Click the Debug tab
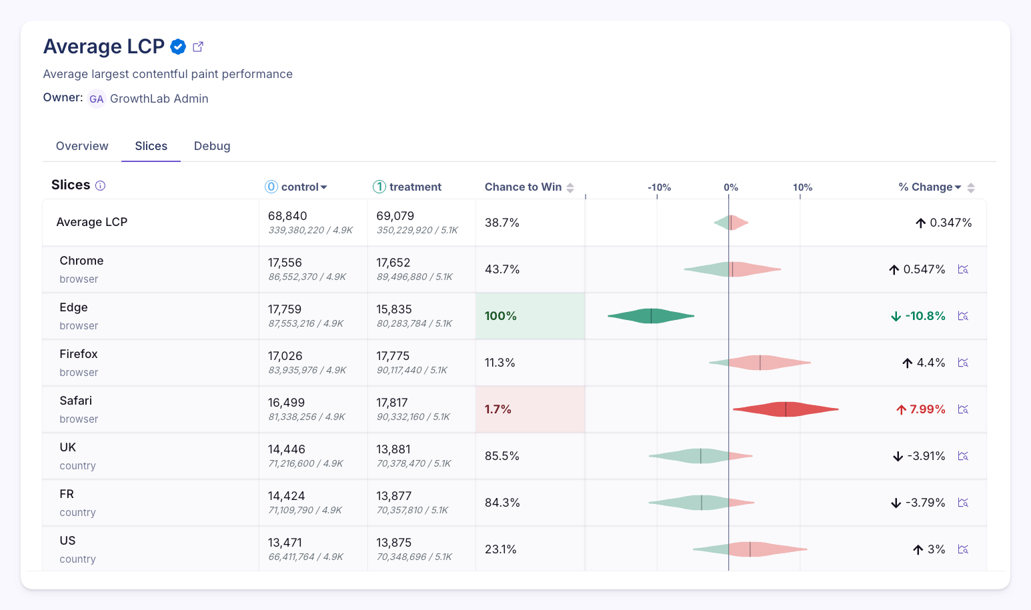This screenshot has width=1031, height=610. tap(212, 146)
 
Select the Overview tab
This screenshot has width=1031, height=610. tap(82, 146)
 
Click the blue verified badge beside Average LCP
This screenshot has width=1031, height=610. tap(178, 47)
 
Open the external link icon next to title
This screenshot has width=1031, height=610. tap(198, 47)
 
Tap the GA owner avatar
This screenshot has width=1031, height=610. tap(97, 99)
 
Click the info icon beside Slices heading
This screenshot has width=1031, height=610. tap(101, 186)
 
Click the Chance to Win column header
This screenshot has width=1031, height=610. tap(524, 187)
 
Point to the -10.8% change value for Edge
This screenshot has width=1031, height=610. tap(924, 316)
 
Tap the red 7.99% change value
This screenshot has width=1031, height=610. tap(927, 409)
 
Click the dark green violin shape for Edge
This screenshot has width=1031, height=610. tap(651, 316)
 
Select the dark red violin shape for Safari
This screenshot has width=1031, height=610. tap(786, 409)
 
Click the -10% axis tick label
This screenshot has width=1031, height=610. tap(659, 187)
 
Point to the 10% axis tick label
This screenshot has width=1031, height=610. tap(802, 187)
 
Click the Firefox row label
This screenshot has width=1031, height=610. tap(79, 354)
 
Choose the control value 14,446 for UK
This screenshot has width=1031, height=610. tap(287, 449)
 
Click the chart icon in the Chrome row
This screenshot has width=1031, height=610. tap(963, 269)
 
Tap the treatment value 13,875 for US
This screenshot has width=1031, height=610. tap(394, 543)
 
